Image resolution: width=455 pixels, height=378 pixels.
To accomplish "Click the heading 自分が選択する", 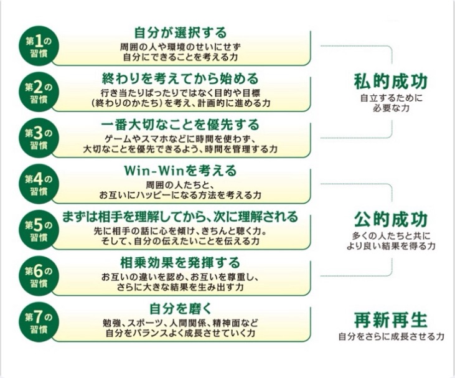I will (x=181, y=32).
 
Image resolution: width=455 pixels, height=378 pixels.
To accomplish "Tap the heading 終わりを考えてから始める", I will (x=180, y=78).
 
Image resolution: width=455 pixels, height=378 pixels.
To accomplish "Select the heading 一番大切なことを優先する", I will (x=180, y=125).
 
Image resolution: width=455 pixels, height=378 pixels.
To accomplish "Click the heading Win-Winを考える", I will (x=181, y=171).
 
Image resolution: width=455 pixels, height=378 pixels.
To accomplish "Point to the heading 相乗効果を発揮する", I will (x=180, y=262).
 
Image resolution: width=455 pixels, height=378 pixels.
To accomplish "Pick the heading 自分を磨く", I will (x=181, y=308).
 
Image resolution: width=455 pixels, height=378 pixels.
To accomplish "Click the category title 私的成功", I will (x=391, y=82).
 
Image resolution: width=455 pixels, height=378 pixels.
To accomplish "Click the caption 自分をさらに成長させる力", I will (x=391, y=337).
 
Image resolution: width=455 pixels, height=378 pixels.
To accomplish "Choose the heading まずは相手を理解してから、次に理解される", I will (x=180, y=217).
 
